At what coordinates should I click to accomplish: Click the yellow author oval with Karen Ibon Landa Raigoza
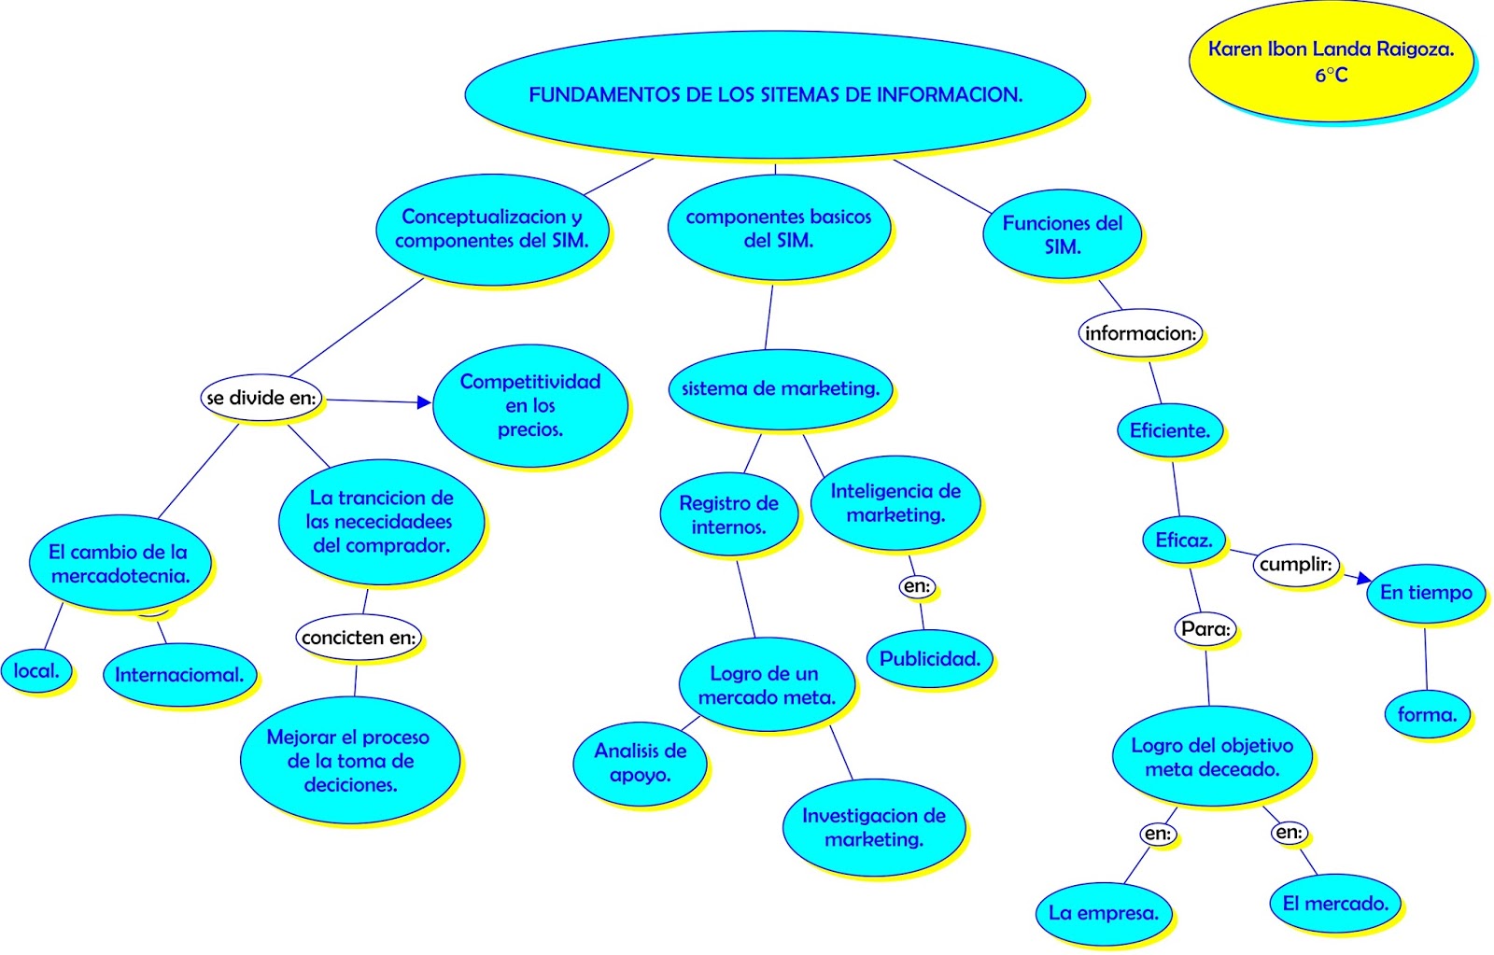pyautogui.click(x=1331, y=62)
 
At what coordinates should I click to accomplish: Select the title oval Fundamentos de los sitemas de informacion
pyautogui.click(x=775, y=94)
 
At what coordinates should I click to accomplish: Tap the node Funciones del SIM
pyautogui.click(x=1062, y=234)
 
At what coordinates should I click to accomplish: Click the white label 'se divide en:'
pyautogui.click(x=261, y=398)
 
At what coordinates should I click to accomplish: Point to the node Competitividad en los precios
pyautogui.click(x=530, y=405)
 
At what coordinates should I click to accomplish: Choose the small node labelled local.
pyautogui.click(x=36, y=670)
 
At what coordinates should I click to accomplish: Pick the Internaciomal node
pyautogui.click(x=179, y=675)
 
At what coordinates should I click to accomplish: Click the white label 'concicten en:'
pyautogui.click(x=359, y=638)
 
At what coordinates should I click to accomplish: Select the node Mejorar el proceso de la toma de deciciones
pyautogui.click(x=348, y=760)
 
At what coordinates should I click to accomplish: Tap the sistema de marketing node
pyautogui.click(x=780, y=388)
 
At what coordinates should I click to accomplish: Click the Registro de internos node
pyautogui.click(x=728, y=514)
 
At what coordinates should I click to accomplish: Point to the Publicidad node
pyautogui.click(x=930, y=658)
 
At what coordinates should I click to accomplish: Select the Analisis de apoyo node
pyautogui.click(x=640, y=763)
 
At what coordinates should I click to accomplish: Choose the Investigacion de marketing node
pyautogui.click(x=873, y=827)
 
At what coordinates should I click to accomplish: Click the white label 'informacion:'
pyautogui.click(x=1140, y=333)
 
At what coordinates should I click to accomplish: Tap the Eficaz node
pyautogui.click(x=1184, y=540)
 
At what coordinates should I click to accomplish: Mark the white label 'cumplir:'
pyautogui.click(x=1295, y=564)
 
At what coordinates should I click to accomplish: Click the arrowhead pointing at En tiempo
pyautogui.click(x=1364, y=579)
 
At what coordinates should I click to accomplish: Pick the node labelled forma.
pyautogui.click(x=1427, y=714)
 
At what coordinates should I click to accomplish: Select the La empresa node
pyautogui.click(x=1104, y=913)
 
